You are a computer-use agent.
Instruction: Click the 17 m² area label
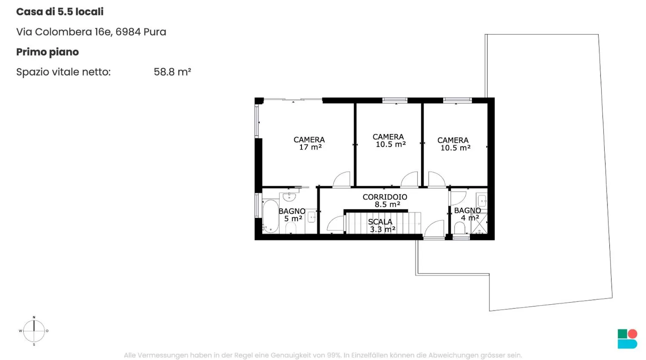[310, 147]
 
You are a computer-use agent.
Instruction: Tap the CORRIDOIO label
[385, 197]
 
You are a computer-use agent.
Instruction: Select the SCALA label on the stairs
[380, 222]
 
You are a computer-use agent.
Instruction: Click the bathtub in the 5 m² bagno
[271, 216]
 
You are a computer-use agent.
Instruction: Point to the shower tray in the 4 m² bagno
[479, 223]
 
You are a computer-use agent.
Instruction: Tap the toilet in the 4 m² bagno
[459, 228]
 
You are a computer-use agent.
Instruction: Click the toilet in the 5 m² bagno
[291, 228]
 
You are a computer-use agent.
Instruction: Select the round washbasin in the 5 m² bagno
[289, 197]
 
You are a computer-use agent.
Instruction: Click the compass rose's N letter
[34, 317]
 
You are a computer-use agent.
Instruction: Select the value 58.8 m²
[172, 72]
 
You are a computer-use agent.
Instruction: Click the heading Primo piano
[48, 52]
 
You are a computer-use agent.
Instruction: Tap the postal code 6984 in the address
[128, 32]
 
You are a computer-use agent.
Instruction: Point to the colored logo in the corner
[627, 339]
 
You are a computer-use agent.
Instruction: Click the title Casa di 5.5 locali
[60, 12]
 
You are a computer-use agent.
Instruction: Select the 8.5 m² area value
[387, 205]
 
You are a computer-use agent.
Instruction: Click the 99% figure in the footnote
[334, 355]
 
